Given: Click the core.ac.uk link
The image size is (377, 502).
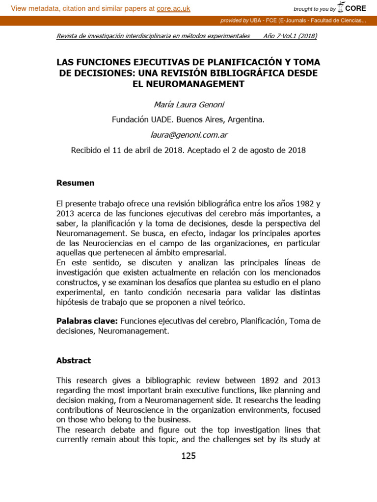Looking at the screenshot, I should (x=173, y=8).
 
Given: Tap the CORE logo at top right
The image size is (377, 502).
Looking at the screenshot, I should (x=352, y=8).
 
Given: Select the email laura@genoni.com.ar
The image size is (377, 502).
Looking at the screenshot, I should (x=188, y=135).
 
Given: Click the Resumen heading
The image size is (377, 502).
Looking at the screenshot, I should (x=75, y=183).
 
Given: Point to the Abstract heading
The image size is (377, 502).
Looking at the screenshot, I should (x=74, y=360).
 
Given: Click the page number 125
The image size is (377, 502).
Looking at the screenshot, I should (x=188, y=456).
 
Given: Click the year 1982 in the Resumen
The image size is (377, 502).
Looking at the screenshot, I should (x=297, y=203).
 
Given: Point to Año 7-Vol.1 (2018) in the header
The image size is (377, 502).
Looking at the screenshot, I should (x=290, y=36).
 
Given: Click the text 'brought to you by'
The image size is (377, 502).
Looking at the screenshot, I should (x=314, y=9).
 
